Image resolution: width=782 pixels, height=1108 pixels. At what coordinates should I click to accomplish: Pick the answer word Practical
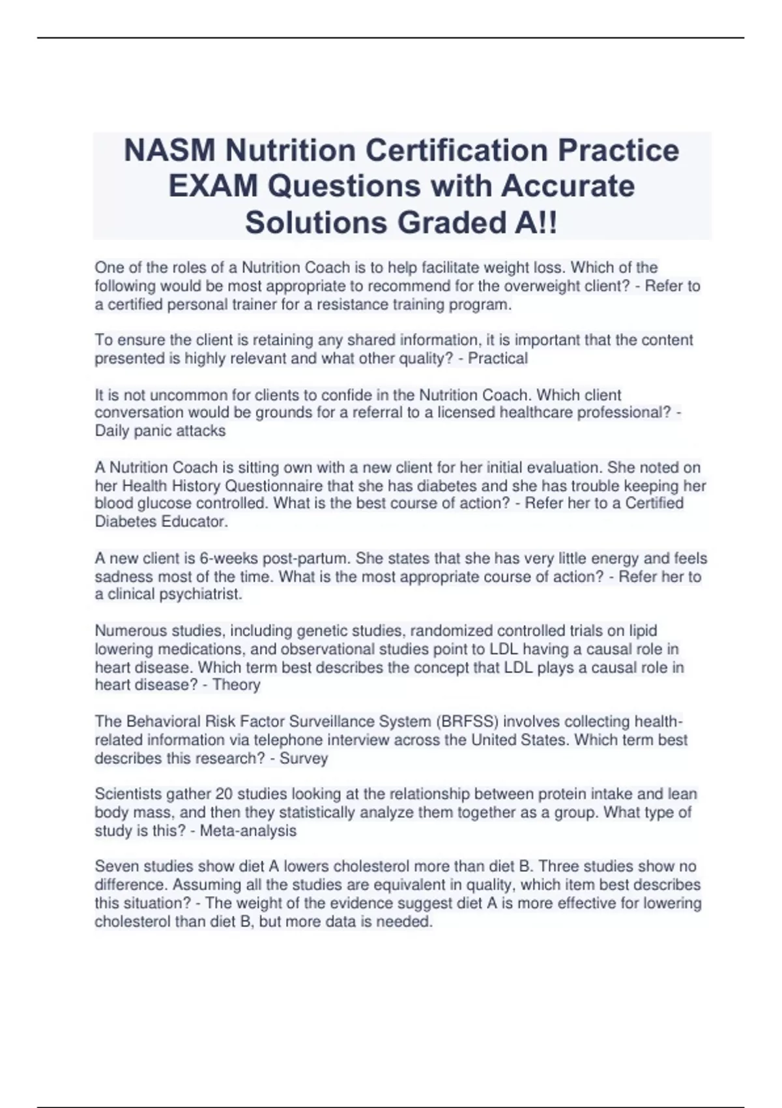pyautogui.click(x=497, y=358)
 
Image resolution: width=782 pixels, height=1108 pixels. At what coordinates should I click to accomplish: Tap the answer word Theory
pyautogui.click(x=236, y=685)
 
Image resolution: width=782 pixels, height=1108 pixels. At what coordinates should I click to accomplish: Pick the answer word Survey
pyautogui.click(x=303, y=759)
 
